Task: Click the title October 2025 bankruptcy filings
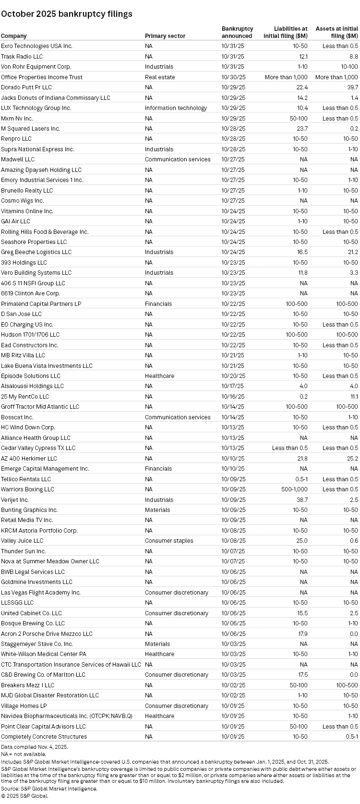(x=66, y=14)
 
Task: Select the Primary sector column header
(x=165, y=36)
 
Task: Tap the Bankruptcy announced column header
(x=237, y=33)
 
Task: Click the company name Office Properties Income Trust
(x=42, y=77)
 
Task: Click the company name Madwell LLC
(x=18, y=159)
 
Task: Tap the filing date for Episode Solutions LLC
(x=233, y=376)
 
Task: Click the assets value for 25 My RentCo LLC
(x=354, y=397)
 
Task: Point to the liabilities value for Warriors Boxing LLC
(x=294, y=489)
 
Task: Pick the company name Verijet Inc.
(x=15, y=500)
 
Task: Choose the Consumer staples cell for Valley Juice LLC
(x=169, y=541)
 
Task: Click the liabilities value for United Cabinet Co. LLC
(x=302, y=613)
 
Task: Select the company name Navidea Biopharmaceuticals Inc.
(x=66, y=716)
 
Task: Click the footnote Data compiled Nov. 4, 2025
(x=34, y=747)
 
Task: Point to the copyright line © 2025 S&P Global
(x=24, y=795)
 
